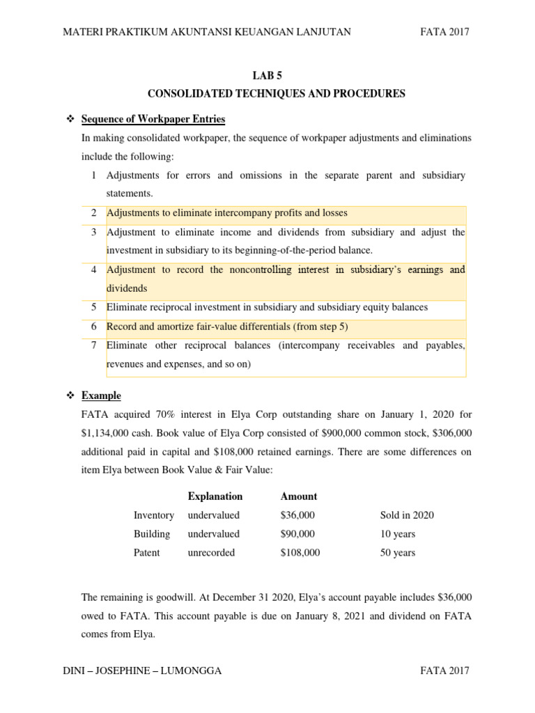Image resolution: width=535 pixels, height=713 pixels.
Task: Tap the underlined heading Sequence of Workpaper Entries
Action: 153,118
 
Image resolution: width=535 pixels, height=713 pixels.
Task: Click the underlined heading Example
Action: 101,395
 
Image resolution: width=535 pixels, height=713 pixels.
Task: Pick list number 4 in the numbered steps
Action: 93,269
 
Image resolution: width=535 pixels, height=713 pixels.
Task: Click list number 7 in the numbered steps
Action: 93,345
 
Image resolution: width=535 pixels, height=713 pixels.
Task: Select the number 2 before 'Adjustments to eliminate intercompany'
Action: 93,213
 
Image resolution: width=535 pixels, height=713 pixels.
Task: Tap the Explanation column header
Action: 215,496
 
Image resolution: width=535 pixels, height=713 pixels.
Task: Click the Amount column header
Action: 298,496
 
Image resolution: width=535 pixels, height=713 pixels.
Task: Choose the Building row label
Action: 152,534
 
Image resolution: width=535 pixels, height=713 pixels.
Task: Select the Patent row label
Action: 146,553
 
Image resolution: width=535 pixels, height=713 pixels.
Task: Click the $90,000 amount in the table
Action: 297,534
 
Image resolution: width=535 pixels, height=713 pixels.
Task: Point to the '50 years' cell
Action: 397,553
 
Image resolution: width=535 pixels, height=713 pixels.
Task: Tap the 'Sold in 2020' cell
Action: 407,515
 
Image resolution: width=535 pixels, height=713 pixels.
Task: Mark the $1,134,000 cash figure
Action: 105,433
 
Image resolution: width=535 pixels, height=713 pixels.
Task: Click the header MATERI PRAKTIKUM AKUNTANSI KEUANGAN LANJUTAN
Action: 207,31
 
